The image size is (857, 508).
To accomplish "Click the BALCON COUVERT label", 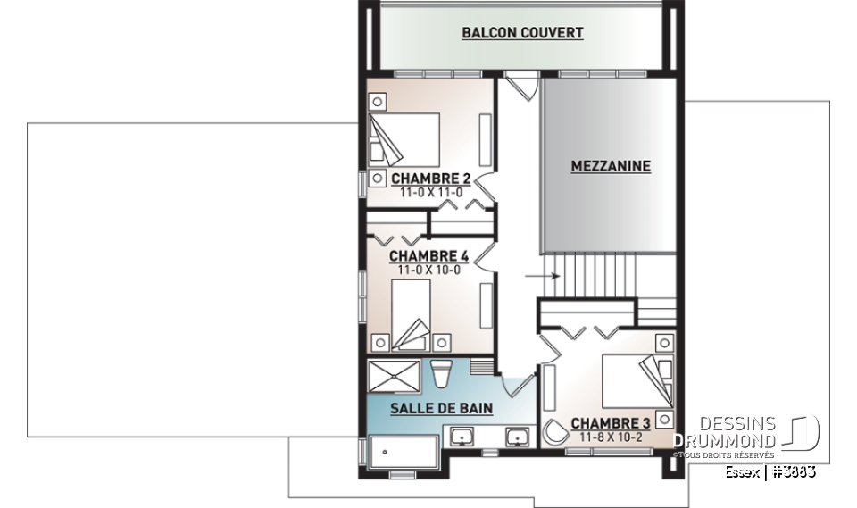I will coord(522,33).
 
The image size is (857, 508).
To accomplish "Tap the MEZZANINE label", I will coord(611,166).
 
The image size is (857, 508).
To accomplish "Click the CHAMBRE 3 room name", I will coord(611,423).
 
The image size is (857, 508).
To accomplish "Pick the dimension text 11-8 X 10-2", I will coord(612,437).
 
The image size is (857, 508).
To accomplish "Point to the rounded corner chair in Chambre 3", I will coord(554,433).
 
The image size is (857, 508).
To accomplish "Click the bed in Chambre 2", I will coord(406,139).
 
